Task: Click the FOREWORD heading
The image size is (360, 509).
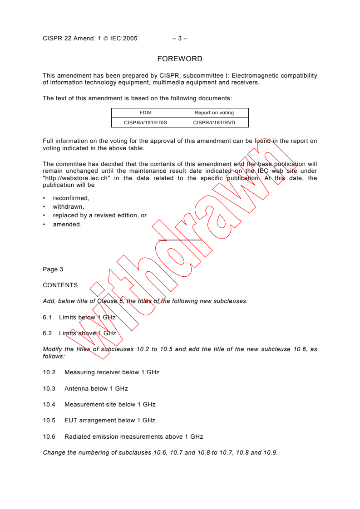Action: [180, 59]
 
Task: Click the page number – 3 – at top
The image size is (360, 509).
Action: [180, 39]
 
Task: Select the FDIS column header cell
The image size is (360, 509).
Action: [146, 113]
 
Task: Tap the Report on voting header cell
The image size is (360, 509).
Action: [214, 113]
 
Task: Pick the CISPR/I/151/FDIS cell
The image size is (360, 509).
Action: [146, 122]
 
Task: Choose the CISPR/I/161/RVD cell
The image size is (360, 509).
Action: [214, 122]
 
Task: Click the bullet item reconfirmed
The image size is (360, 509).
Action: [71, 198]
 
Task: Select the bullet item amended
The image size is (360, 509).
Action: [67, 224]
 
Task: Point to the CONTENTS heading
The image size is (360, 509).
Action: [60, 285]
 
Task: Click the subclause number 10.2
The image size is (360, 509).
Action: [49, 372]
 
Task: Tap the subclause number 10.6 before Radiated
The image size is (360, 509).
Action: [49, 437]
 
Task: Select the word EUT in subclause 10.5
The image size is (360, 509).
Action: [71, 421]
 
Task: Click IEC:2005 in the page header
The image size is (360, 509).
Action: [124, 39]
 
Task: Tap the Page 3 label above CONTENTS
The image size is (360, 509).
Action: [53, 269]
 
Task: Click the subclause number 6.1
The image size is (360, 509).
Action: [47, 318]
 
